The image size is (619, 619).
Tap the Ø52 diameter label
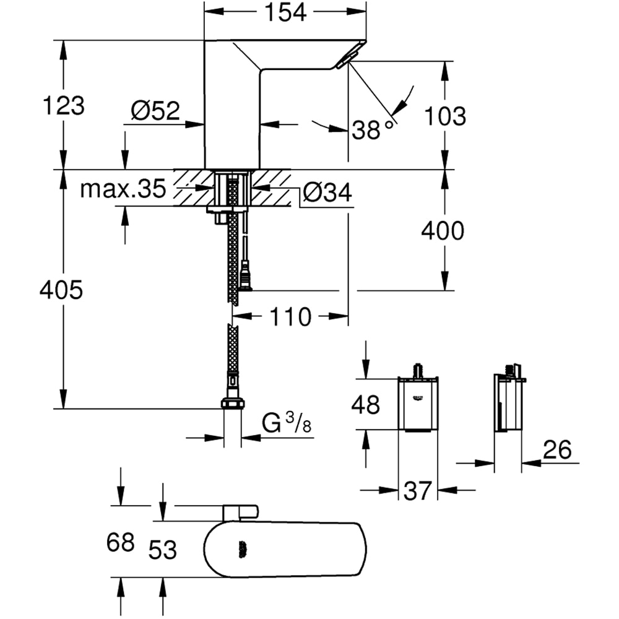click(155, 111)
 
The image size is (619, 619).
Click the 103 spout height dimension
click(444, 115)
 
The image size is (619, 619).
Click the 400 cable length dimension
click(442, 231)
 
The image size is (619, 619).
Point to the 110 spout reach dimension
click(290, 317)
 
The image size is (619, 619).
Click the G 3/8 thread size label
click(286, 425)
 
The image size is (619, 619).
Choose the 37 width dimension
click(417, 491)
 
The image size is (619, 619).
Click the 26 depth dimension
click(556, 450)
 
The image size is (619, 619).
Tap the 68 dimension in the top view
click(120, 542)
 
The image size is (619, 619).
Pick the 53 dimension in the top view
click(162, 548)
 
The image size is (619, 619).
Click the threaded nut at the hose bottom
click(232, 404)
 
